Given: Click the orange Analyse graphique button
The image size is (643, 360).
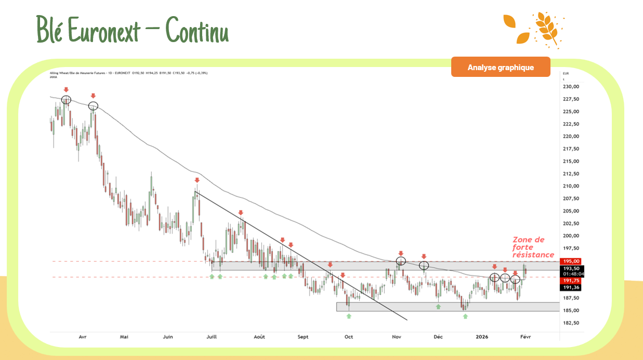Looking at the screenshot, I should tap(500, 67).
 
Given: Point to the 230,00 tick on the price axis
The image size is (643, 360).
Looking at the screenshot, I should tap(571, 87).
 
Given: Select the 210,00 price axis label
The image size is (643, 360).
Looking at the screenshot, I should tap(571, 186).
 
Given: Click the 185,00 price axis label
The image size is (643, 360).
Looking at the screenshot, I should tap(571, 311).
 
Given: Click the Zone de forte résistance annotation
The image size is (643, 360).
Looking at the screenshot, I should tap(533, 247).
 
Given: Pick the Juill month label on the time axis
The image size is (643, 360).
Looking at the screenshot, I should tap(212, 337).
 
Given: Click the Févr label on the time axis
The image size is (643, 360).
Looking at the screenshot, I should tap(525, 337).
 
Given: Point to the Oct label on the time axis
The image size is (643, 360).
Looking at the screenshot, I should tap(349, 337).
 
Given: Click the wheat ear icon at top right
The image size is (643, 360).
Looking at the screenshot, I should tap(546, 29).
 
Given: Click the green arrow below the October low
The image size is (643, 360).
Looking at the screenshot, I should tap(349, 316).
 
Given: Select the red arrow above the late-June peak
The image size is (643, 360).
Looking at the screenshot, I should tap(197, 180).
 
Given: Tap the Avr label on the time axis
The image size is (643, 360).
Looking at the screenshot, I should tap(83, 337).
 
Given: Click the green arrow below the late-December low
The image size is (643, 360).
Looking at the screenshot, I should tap(465, 316).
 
